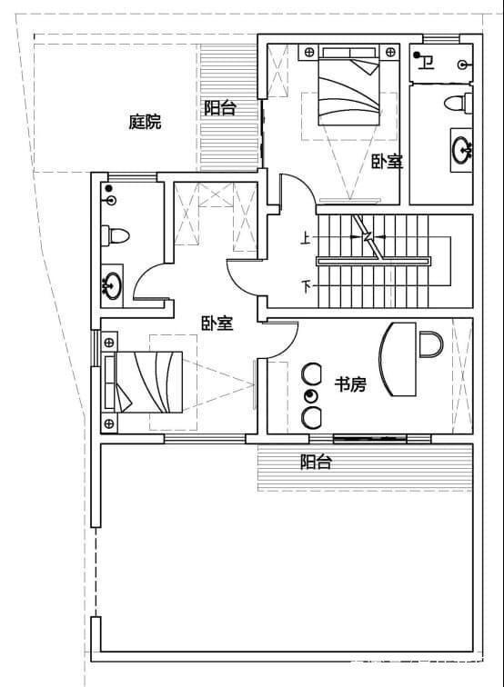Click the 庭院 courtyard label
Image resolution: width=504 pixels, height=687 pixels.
[145, 122]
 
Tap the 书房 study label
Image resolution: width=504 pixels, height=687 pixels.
[350, 385]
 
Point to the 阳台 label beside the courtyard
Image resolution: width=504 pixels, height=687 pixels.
[220, 108]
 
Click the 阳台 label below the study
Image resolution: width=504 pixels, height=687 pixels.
[316, 463]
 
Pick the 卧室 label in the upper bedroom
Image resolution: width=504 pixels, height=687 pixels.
[388, 161]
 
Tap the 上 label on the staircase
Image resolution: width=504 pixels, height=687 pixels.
[306, 239]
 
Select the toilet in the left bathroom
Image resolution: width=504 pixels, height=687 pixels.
[116, 235]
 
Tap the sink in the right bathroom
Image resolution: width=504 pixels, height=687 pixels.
[462, 148]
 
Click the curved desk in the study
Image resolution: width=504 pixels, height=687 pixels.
[398, 359]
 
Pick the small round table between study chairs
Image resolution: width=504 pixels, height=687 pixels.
[311, 395]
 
